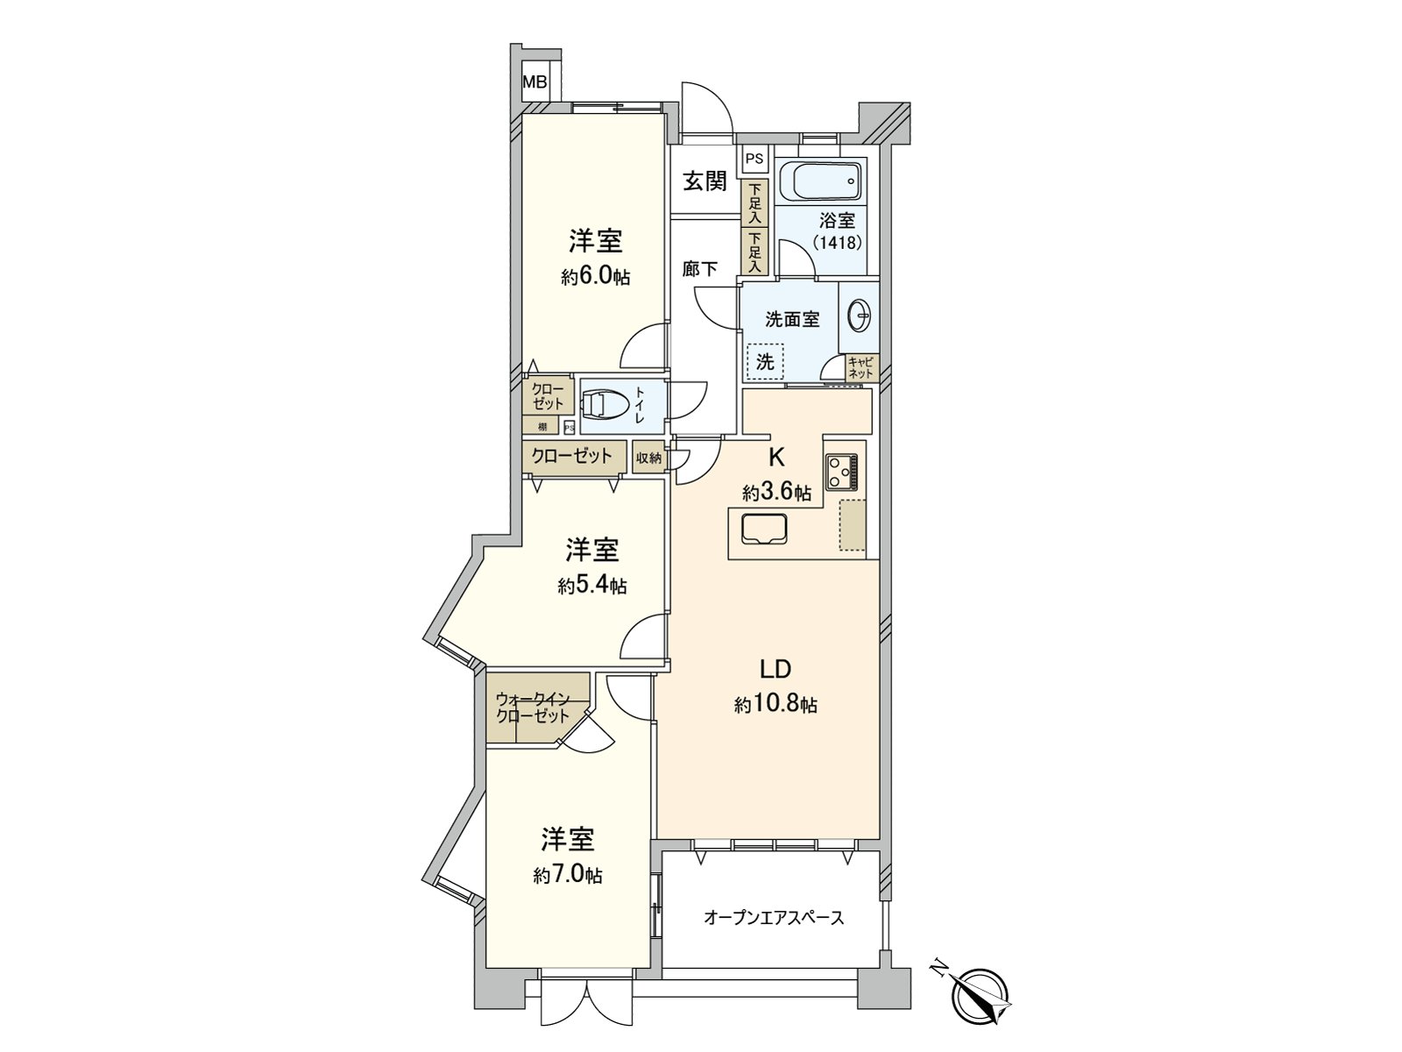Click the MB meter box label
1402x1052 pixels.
click(x=535, y=83)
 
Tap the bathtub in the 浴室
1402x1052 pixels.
click(x=825, y=183)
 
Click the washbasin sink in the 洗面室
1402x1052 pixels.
click(x=859, y=316)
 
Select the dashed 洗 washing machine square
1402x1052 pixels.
click(x=765, y=361)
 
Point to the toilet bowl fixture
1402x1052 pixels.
click(x=605, y=405)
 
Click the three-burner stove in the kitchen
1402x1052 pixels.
click(x=842, y=471)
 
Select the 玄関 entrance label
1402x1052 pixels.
click(x=705, y=181)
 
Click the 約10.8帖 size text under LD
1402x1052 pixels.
click(x=775, y=705)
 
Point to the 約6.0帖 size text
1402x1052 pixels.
click(x=596, y=278)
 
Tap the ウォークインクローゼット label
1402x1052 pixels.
click(x=533, y=707)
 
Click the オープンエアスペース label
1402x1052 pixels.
click(x=774, y=918)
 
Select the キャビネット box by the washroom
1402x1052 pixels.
click(x=861, y=368)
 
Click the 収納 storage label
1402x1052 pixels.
click(x=649, y=458)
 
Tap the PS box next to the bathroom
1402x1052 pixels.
click(x=754, y=160)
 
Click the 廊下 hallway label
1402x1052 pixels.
click(x=700, y=269)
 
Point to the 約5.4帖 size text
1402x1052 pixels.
click(x=592, y=586)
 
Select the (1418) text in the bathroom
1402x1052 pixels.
click(x=837, y=242)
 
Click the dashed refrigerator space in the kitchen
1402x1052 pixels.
click(x=853, y=525)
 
